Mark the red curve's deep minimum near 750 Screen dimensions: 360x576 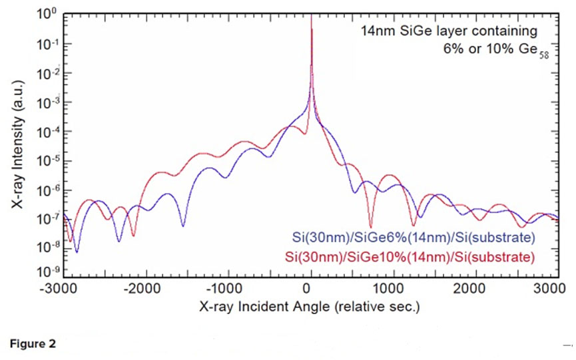tap(371, 226)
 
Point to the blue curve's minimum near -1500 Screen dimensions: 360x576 tap(184, 226)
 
